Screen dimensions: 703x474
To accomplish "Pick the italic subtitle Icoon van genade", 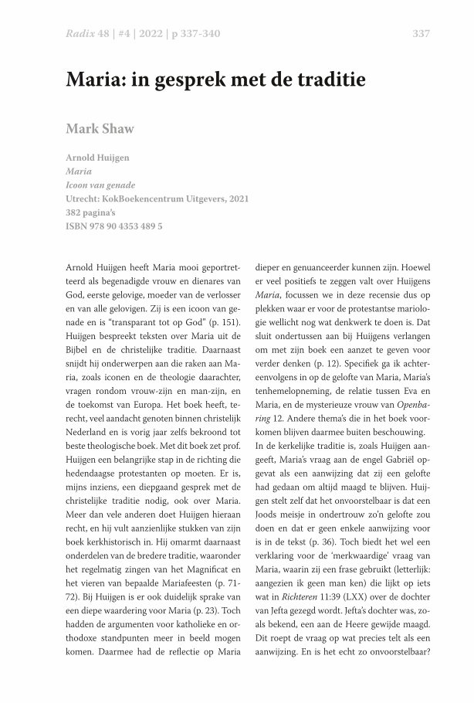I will click(x=101, y=185).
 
